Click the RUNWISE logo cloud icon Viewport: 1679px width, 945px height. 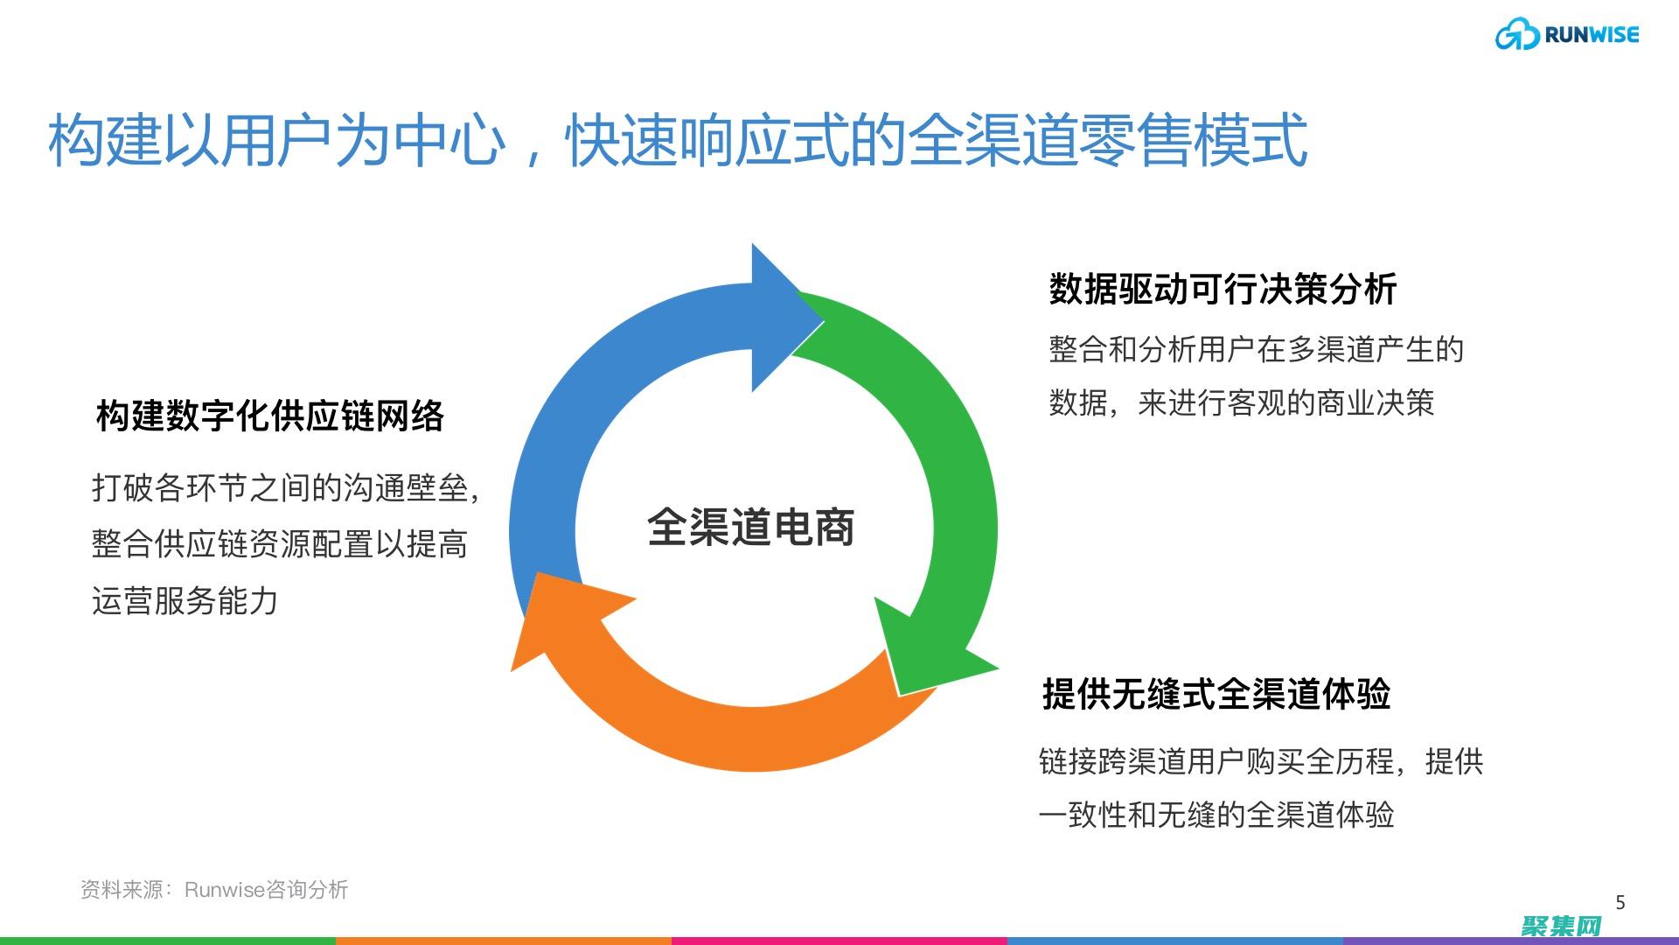(1516, 36)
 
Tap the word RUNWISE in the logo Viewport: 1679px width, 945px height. (1592, 35)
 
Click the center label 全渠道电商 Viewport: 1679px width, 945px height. (750, 527)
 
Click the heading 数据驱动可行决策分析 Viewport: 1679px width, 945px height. (1223, 289)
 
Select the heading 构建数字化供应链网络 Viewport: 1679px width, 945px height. (270, 416)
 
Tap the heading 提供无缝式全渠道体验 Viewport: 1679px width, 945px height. (1216, 694)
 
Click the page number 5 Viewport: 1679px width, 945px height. (1620, 902)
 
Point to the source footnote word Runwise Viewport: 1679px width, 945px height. (224, 890)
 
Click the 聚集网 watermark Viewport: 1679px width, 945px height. (1561, 927)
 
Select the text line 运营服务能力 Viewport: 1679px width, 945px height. (185, 601)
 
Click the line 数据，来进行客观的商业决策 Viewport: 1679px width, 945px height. (1242, 402)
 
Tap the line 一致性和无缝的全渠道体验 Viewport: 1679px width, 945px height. (1216, 815)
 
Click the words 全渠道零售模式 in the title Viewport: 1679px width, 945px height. (1108, 140)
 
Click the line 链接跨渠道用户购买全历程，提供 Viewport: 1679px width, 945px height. (1261, 761)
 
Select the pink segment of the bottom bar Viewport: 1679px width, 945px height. (839, 941)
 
